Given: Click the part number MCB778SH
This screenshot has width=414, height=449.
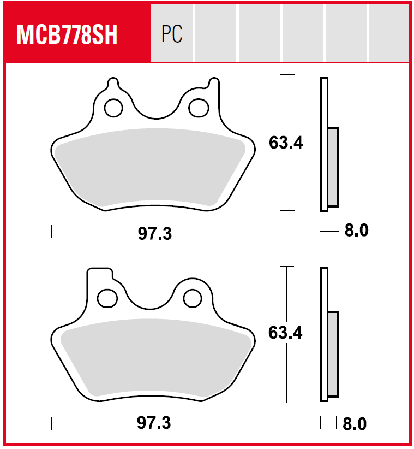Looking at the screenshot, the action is coord(67,34).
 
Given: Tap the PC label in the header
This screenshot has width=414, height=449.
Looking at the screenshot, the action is coord(172,34).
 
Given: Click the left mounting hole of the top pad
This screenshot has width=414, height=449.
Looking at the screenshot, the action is coord(113,108).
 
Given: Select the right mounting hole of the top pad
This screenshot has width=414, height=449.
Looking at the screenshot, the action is coord(199,108).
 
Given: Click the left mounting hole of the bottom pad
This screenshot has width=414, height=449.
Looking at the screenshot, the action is coord(107,298).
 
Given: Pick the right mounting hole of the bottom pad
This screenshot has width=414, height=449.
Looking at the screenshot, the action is coord(193,298).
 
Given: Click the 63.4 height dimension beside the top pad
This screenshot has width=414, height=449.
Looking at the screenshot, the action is coord(286,143).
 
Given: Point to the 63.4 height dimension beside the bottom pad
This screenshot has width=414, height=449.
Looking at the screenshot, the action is coord(285,333).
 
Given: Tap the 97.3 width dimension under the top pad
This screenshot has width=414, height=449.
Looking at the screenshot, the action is coord(155,233).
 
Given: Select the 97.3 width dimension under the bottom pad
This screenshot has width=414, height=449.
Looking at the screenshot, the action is coord(154,423).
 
